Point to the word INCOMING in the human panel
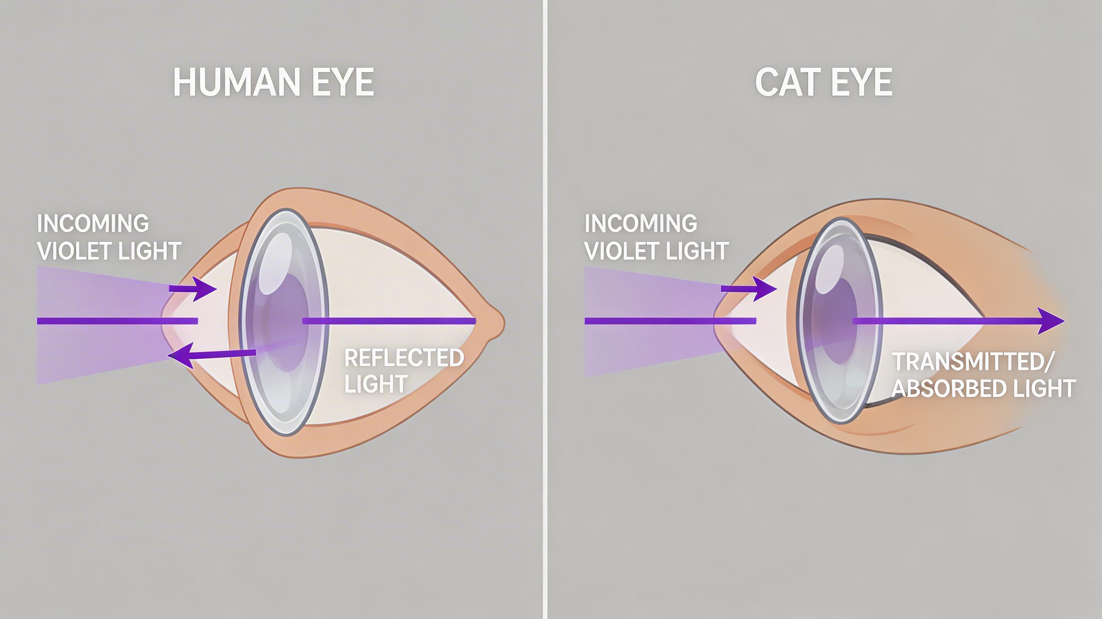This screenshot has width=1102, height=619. pos(93,223)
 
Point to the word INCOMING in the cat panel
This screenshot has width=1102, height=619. pos(641,223)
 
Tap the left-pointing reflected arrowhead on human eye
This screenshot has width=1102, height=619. pos(180,356)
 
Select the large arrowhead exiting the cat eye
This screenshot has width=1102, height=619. pos(1050,321)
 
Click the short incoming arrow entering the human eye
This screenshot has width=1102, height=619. pos(193,289)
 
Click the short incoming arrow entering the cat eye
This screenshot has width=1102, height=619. pos(749,289)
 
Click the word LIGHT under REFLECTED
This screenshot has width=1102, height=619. pos(376,384)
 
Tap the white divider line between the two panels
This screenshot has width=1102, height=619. pos(544,309)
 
